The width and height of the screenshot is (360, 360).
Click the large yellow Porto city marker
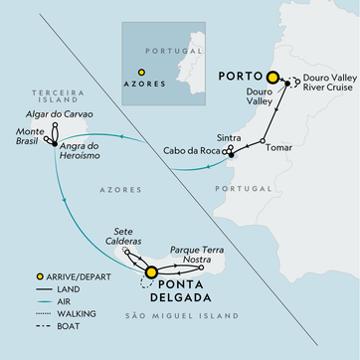click(x=270, y=76)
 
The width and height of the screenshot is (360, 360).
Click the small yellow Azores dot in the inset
click(x=141, y=72)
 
